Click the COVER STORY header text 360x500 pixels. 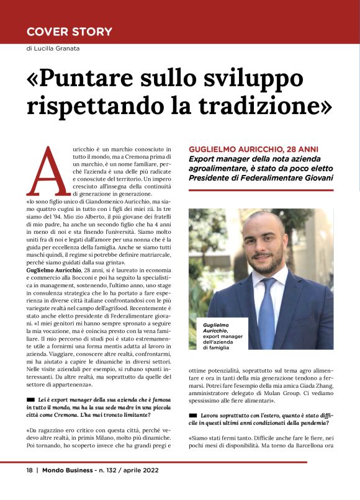pos(70,31)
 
